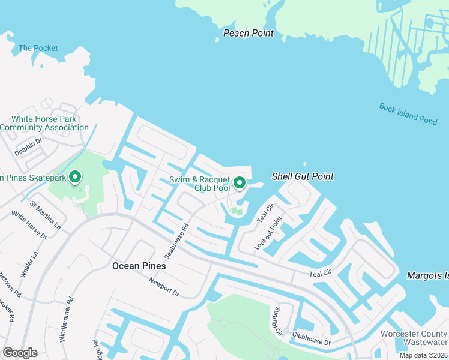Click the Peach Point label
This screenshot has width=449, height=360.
coord(249,33)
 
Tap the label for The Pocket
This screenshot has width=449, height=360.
coord(38,48)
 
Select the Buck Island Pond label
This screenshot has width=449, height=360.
coord(408,113)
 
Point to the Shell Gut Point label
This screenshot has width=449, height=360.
coord(303,176)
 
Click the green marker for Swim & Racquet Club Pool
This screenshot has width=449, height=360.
coord(240,182)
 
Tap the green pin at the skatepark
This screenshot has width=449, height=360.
coord(75,177)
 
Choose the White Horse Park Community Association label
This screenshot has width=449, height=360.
coord(44,123)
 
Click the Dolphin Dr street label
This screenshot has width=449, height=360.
coord(29,147)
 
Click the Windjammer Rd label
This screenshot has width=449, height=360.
coord(67,319)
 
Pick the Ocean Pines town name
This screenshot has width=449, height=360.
coord(139,266)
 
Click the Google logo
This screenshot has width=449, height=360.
coord(20,353)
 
